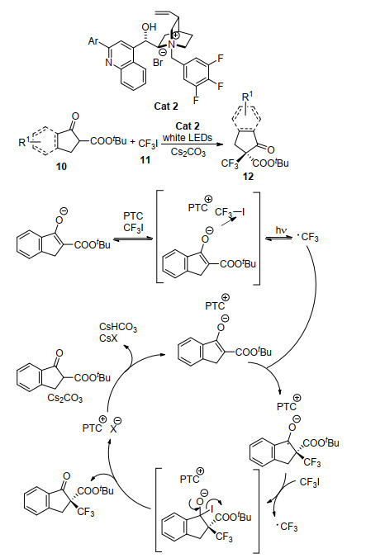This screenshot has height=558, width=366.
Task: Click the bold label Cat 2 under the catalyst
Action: pos(166,106)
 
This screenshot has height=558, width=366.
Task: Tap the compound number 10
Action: pos(61,166)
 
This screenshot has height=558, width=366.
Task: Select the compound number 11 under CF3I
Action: pos(145,160)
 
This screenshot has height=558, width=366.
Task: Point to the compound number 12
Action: pos(248,176)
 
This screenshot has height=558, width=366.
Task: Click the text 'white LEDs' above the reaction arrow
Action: pos(188,137)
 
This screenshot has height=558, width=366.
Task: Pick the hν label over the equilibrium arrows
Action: pos(281,230)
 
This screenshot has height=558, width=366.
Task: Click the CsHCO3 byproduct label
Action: pos(118,327)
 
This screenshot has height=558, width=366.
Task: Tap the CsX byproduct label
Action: pos(108,338)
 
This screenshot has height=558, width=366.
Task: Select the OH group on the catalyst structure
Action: pos(149,27)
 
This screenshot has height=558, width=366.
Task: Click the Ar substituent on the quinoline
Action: pos(93,41)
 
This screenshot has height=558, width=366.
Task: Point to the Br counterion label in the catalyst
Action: pos(158,63)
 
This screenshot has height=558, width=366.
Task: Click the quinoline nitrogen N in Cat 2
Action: pos(109,63)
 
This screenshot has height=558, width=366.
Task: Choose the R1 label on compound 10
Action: pos(25,142)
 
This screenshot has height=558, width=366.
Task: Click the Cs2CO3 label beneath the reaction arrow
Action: pos(188,153)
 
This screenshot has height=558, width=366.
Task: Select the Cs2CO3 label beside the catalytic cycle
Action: pos(64,398)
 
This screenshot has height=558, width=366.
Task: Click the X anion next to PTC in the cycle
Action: pos(113,428)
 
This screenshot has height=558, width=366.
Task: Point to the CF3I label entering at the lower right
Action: pos(309,482)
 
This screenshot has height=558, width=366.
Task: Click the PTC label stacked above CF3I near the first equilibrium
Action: pos(133,216)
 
